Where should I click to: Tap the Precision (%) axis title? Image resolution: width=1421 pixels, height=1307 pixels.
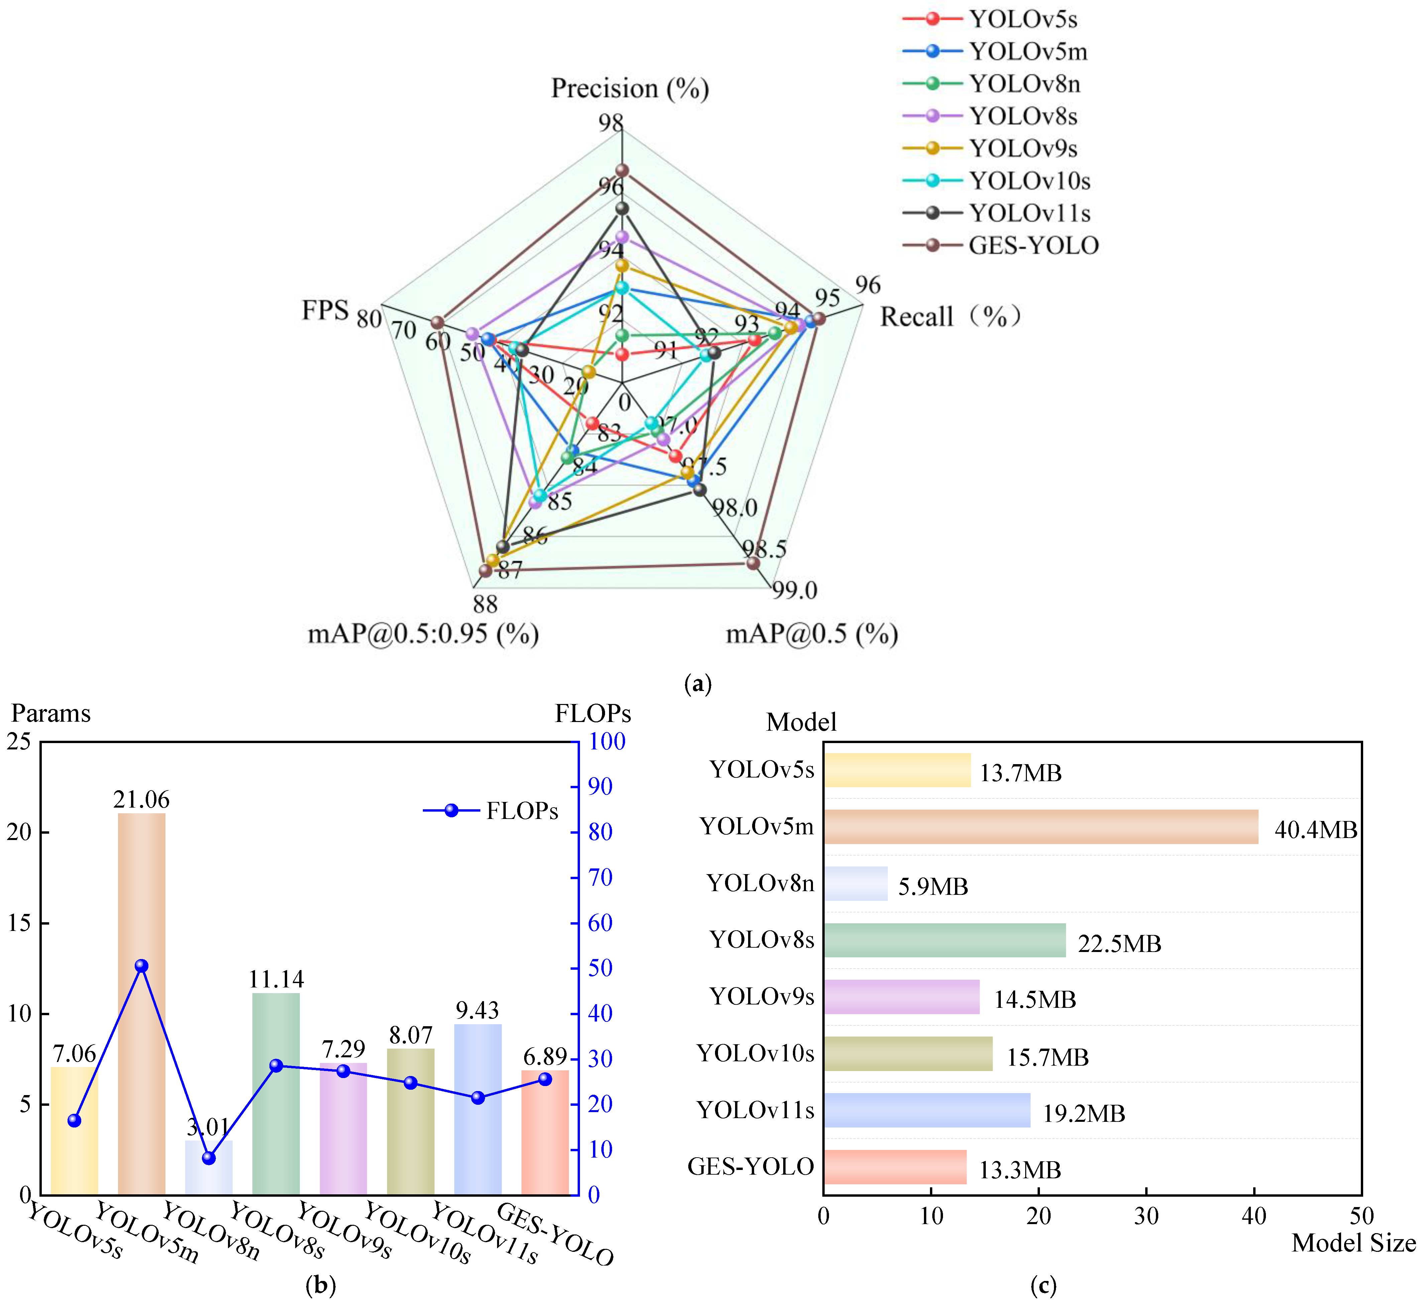629,88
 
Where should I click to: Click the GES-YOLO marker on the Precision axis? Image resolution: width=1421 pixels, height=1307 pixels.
622,170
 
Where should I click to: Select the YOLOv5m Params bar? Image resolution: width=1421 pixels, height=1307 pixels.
141,1004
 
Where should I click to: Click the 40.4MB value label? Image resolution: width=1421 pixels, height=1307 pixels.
1316,830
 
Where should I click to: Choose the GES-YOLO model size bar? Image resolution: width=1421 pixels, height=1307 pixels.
895,1167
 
